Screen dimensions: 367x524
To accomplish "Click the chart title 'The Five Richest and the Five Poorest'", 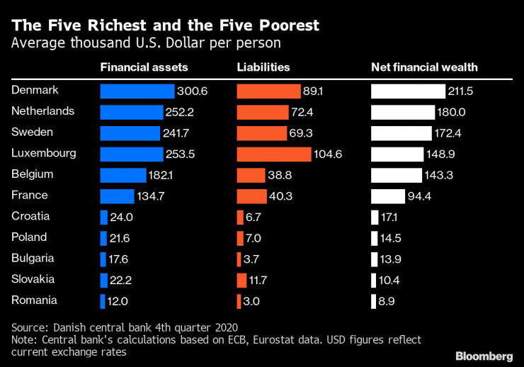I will (x=166, y=26).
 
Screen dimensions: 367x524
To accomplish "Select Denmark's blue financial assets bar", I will (x=137, y=91).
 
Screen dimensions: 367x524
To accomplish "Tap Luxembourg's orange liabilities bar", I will (x=273, y=154).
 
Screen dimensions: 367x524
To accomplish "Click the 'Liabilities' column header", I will (x=263, y=68).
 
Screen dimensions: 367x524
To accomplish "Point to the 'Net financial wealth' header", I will (x=424, y=68).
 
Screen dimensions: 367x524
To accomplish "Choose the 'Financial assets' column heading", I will (x=144, y=68).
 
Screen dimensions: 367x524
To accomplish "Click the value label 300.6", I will (x=192, y=91).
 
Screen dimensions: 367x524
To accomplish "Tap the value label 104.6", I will (x=329, y=154).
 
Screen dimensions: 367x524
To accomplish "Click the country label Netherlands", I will (x=43, y=111).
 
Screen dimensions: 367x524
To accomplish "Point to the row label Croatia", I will (x=31, y=216).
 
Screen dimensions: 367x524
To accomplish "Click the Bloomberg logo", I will (x=484, y=354).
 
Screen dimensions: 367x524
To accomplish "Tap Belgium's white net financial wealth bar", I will (x=401, y=175).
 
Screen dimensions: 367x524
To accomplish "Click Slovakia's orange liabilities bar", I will (x=240, y=280).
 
